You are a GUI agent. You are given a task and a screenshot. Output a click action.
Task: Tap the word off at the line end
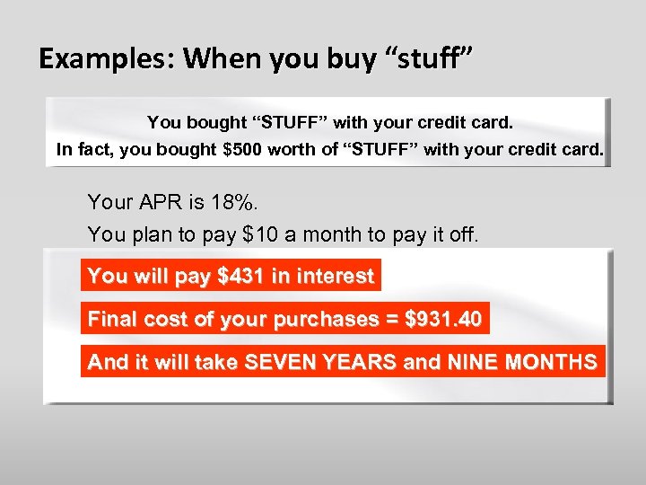click(x=463, y=235)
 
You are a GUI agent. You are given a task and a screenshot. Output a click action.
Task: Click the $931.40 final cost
click(x=444, y=319)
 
